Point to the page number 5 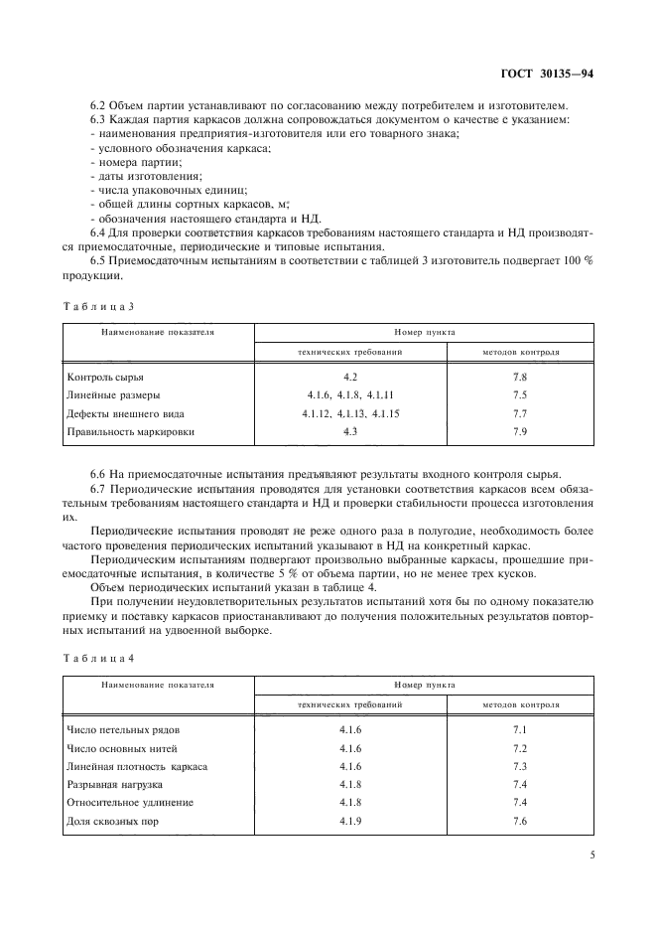coord(590,852)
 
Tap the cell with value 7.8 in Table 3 coord(519,379)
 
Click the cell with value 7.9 coord(519,432)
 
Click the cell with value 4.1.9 coord(349,820)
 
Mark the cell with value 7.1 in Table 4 coord(519,730)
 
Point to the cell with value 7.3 coord(519,766)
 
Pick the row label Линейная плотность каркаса coord(137,766)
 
